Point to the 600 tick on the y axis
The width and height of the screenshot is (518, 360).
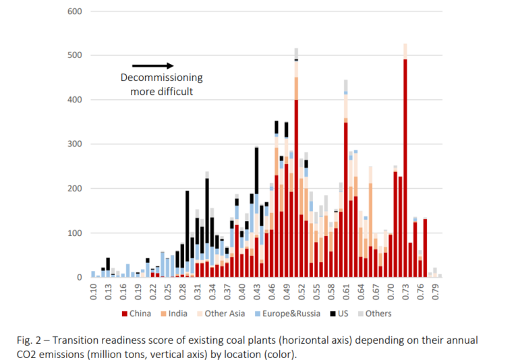pos(75,11)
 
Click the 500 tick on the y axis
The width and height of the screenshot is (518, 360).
pos(75,55)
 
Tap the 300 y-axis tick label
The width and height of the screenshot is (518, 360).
pos(75,144)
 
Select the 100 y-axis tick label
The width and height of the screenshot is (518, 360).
pos(75,233)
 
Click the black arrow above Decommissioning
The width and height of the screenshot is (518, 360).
pos(152,65)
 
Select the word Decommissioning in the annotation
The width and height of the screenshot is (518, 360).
pos(161,78)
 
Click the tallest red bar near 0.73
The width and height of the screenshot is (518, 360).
pos(405,169)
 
